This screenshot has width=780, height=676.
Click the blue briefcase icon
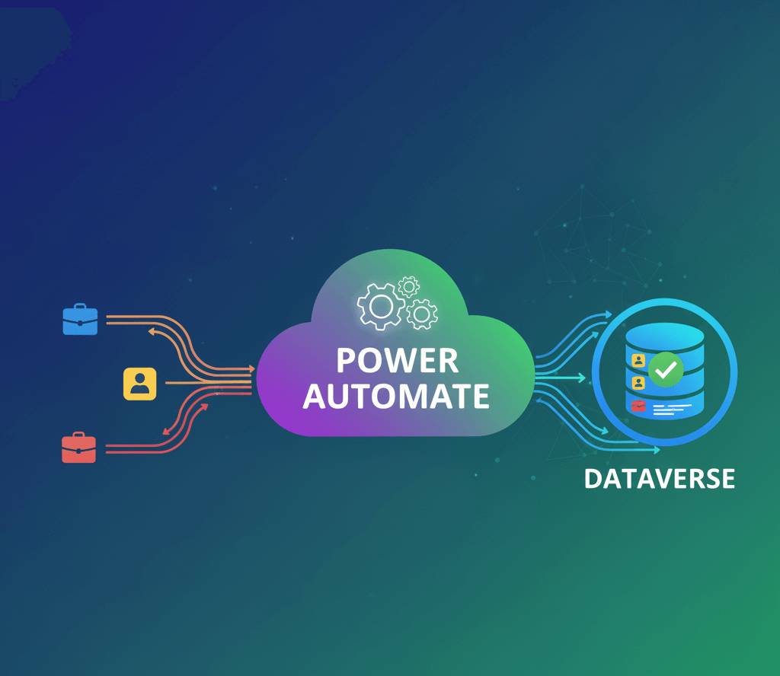[80, 320]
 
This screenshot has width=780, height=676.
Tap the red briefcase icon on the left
[78, 448]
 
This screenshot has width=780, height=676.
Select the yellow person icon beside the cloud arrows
[139, 384]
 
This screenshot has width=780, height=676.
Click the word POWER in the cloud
[398, 361]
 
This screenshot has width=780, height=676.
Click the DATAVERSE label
[660, 479]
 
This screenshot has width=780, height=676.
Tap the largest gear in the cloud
[381, 307]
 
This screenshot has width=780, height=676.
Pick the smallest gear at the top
[409, 286]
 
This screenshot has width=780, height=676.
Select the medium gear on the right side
[421, 314]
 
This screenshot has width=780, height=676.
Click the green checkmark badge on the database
[667, 370]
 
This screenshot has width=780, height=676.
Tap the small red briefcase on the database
[638, 407]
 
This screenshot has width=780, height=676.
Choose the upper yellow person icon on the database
[638, 359]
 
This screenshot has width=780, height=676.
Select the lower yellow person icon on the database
[638, 383]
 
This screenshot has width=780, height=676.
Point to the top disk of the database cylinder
[665, 336]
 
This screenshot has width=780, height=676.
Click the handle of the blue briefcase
[80, 308]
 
